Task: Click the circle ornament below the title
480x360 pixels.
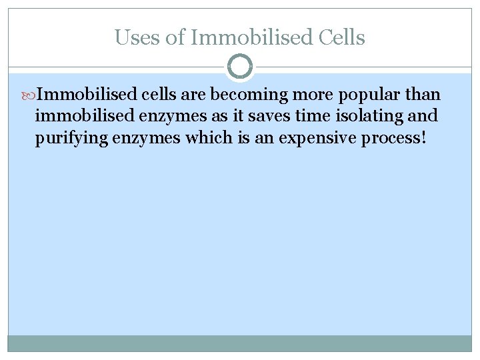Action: [240, 67]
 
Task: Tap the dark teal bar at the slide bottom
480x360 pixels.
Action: [240, 343]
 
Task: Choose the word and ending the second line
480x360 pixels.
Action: [423, 116]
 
